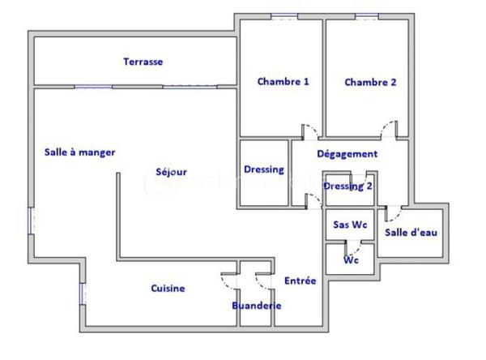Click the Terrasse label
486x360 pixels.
143,62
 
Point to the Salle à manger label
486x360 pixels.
79,152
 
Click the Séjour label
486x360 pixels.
172,172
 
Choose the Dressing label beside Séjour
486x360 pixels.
264,169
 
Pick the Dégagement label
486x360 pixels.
347,154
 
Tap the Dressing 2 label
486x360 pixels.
348,186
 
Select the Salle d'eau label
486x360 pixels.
411,233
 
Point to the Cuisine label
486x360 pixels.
168,289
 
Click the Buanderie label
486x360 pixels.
256,306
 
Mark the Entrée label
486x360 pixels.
300,281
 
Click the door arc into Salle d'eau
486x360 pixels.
394,213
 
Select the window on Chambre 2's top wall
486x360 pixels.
366,16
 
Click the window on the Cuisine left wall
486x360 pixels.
81,294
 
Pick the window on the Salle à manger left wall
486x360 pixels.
32,220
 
